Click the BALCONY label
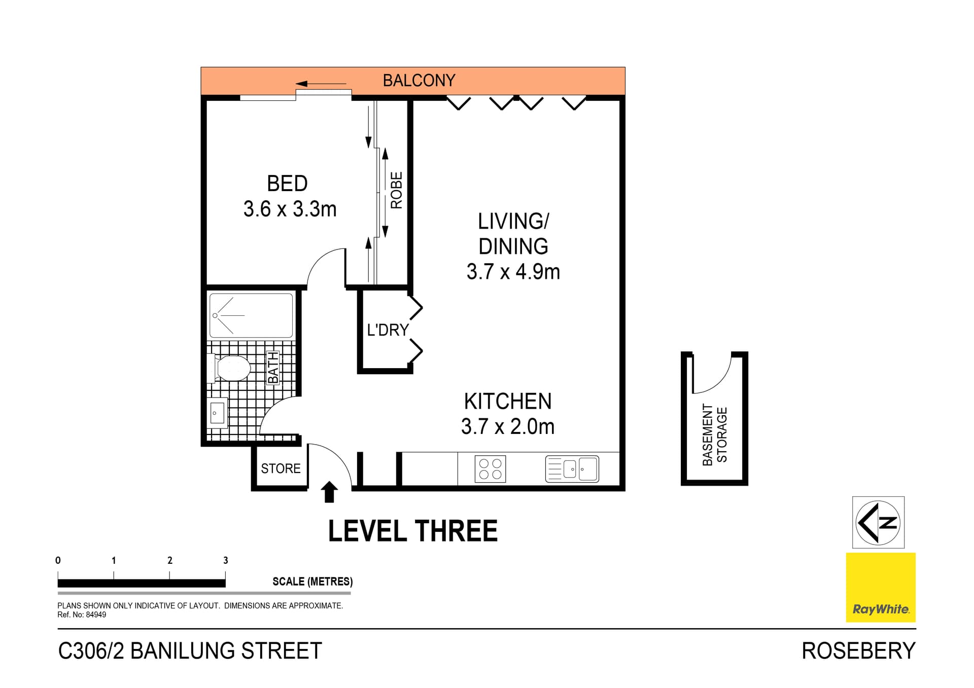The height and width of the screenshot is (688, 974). point(419,81)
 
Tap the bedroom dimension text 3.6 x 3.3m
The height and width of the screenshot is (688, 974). point(290,209)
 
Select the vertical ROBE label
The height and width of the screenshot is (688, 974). point(396,190)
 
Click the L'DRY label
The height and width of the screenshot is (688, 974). point(388,330)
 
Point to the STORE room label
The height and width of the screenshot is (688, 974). point(281,468)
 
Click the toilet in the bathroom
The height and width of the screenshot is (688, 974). point(231,368)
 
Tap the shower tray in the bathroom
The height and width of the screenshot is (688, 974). point(251,315)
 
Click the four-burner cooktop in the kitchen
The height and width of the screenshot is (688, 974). point(490,469)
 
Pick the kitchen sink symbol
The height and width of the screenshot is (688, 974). point(572,469)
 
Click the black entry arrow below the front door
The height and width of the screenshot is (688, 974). point(330,492)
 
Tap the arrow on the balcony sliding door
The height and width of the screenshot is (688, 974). point(321,84)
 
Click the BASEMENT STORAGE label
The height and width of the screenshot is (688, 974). point(714,435)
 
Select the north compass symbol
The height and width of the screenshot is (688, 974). point(878,522)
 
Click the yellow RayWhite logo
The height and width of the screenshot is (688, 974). point(880,587)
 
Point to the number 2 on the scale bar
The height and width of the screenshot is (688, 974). point(170,560)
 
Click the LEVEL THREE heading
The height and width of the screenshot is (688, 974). point(412,531)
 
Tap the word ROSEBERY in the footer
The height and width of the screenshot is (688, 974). point(858,651)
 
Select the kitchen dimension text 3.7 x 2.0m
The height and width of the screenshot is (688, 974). point(507,427)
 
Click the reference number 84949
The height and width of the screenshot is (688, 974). point(96,615)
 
